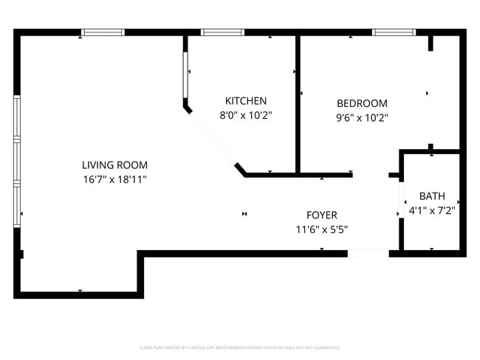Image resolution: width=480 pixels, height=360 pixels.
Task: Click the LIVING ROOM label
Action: click(x=114, y=165)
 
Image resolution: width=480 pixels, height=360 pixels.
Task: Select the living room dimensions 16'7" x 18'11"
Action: click(x=114, y=179)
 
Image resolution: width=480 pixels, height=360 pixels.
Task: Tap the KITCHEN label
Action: click(x=246, y=101)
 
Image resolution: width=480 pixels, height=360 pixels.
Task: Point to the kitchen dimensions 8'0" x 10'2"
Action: click(x=246, y=115)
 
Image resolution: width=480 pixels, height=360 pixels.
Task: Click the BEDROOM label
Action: click(x=362, y=103)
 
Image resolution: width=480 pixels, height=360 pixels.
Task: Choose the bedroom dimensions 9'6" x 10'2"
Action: click(x=362, y=117)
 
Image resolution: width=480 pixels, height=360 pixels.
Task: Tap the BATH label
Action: click(x=432, y=196)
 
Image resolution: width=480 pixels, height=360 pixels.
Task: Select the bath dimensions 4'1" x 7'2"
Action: click(x=432, y=210)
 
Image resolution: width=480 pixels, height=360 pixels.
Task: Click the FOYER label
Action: click(x=322, y=215)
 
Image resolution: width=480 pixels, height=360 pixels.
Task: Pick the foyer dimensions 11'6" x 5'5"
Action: click(x=322, y=229)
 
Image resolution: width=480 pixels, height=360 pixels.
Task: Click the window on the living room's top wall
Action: click(x=103, y=32)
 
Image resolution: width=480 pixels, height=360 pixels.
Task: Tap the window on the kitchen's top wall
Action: click(x=222, y=32)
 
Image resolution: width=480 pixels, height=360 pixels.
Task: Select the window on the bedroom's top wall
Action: click(x=394, y=32)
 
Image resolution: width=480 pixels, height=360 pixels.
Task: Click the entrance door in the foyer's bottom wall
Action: click(x=368, y=254)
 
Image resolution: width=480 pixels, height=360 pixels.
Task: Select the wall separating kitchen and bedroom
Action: click(x=298, y=103)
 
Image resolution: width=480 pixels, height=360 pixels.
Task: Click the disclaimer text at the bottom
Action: click(x=240, y=347)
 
